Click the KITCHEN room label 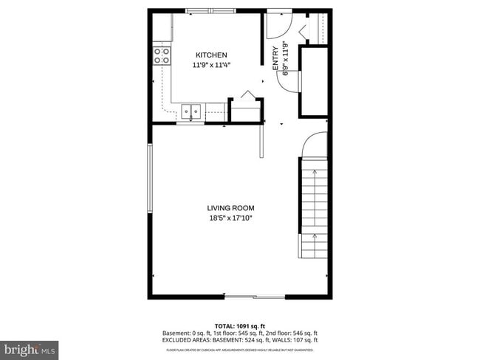pyautogui.click(x=210, y=55)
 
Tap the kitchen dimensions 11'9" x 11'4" pyautogui.click(x=210, y=65)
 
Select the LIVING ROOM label pyautogui.click(x=232, y=208)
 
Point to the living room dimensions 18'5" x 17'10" pyautogui.click(x=232, y=218)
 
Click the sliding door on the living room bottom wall pyautogui.click(x=255, y=297)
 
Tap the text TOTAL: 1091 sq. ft pyautogui.click(x=239, y=325)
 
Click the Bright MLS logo pyautogui.click(x=30, y=347)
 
